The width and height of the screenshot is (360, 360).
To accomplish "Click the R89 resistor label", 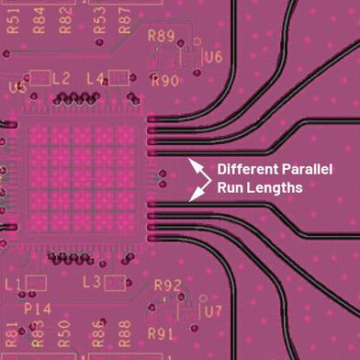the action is [x=162, y=37].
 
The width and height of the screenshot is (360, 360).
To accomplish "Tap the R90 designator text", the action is [x=164, y=80].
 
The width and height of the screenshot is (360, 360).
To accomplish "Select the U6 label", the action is [x=213, y=57].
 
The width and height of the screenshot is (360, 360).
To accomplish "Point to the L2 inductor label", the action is [x=61, y=79].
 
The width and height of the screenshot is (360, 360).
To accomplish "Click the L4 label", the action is [x=96, y=79].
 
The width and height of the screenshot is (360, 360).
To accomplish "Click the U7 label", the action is [x=213, y=311].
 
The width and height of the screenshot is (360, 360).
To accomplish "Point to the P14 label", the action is [x=36, y=308].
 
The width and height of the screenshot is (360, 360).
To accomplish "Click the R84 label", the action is [x=39, y=16].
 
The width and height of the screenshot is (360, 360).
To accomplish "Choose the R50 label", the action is [x=64, y=331].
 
